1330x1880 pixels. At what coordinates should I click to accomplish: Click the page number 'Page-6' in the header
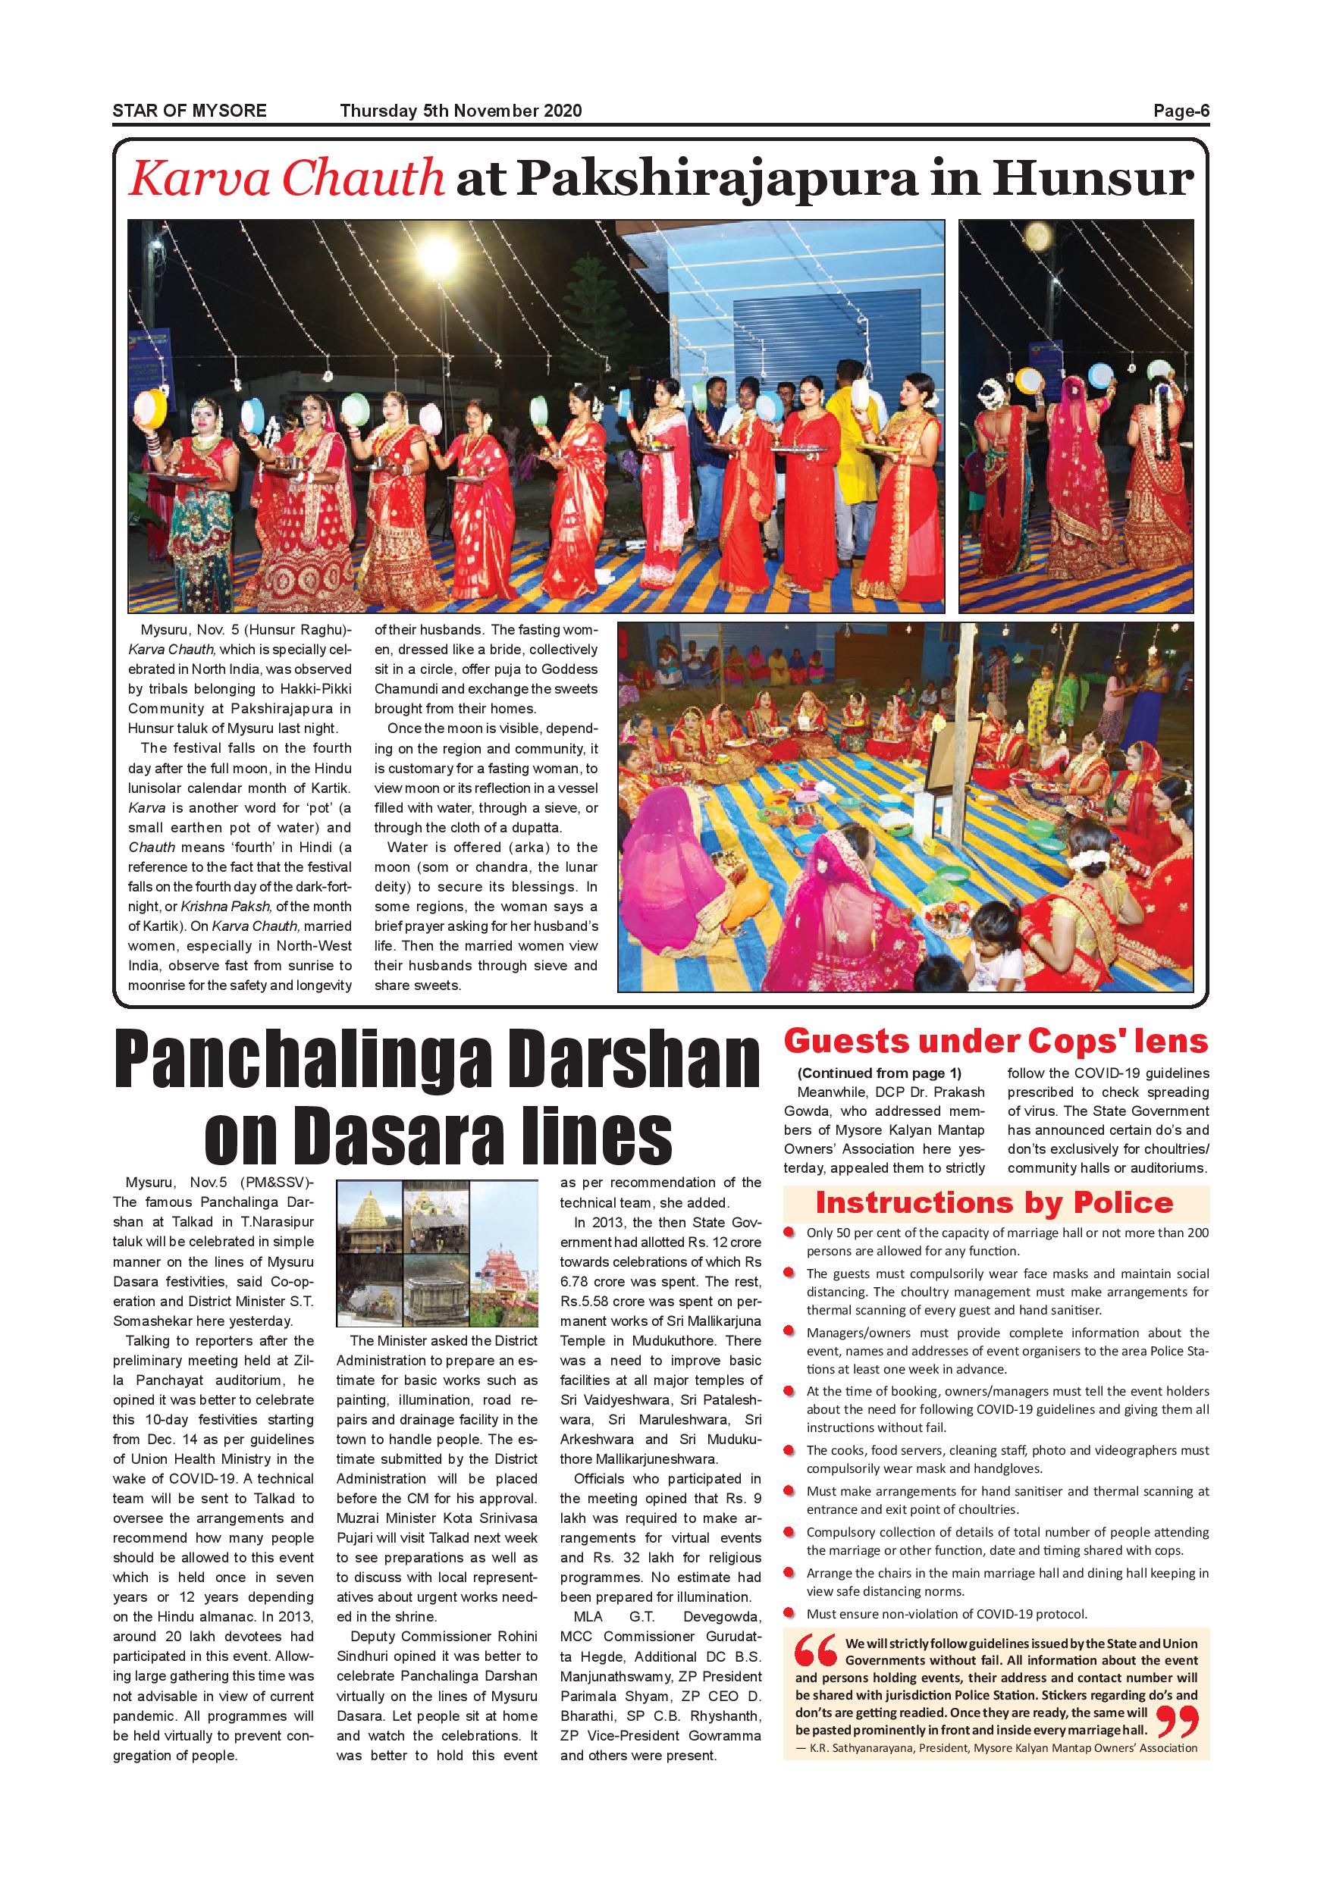pos(1181,111)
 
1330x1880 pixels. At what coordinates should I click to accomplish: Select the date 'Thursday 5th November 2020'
pos(460,111)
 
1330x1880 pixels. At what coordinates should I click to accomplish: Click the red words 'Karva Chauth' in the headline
pos(287,178)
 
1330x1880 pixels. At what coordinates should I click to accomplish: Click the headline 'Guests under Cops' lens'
pos(995,1041)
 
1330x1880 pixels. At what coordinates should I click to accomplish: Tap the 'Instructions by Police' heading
pos(994,1202)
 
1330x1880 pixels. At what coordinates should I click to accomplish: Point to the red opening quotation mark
pos(816,1652)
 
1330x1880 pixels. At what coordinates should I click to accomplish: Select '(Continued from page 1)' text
pos(879,1073)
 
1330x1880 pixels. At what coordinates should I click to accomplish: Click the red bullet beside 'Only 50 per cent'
pos(789,1233)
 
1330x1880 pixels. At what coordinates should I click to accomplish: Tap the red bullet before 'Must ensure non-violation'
pos(789,1614)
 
